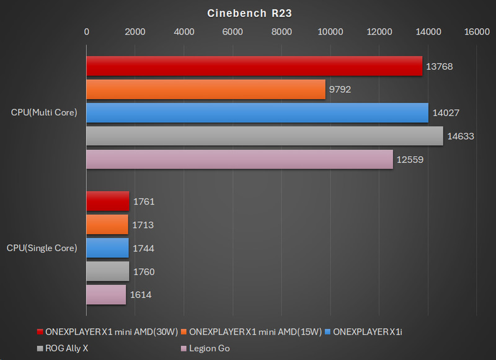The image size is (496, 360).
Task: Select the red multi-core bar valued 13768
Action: click(x=254, y=66)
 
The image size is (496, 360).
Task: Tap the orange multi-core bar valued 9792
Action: click(x=206, y=89)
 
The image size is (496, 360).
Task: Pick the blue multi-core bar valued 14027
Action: click(x=257, y=113)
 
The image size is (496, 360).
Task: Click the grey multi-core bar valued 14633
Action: click(x=265, y=136)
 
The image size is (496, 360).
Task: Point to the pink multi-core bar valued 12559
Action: click(x=239, y=159)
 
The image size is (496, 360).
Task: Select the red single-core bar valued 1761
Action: click(x=108, y=201)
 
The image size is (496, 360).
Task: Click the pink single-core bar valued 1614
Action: click(x=106, y=295)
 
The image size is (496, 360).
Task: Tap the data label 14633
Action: click(x=460, y=136)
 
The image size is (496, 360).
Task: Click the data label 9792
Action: click(x=340, y=90)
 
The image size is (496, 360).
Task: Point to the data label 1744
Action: click(x=143, y=248)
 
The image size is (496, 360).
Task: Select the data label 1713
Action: click(x=143, y=225)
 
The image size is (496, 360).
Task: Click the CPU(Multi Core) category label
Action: click(x=44, y=113)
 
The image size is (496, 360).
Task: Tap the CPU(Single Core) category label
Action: click(x=42, y=248)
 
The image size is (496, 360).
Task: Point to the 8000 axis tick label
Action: click(x=281, y=32)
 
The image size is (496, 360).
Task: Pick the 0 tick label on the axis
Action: click(x=86, y=32)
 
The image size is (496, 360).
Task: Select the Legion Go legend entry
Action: click(x=206, y=348)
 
